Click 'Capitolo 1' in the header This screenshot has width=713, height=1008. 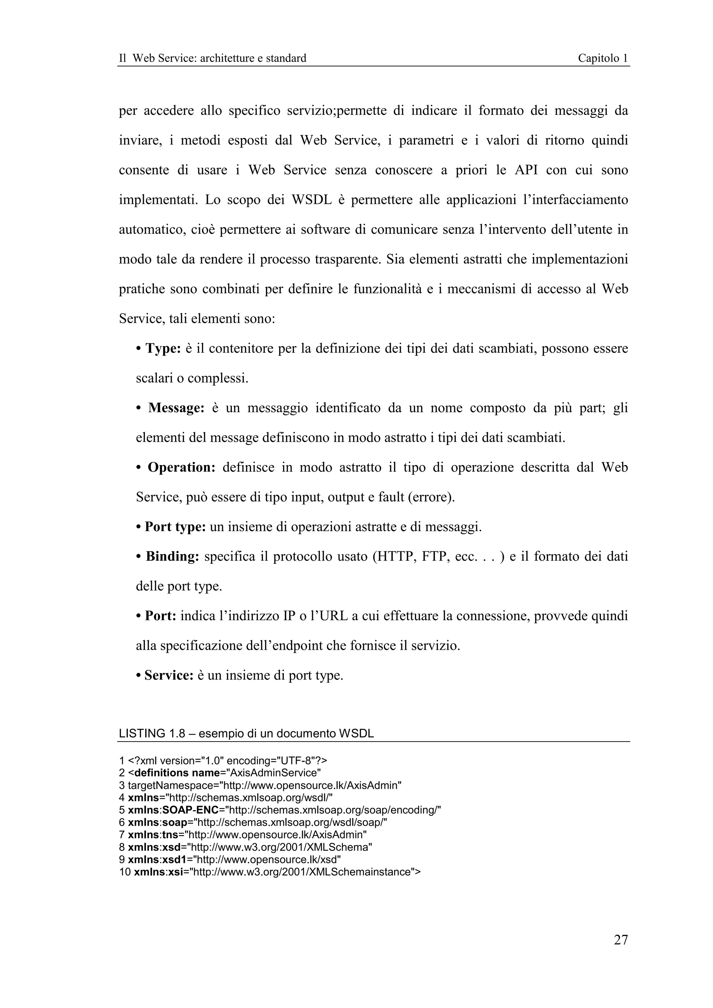[x=602, y=58]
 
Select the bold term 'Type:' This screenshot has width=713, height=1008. [x=163, y=349]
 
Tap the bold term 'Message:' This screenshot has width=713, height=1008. [x=176, y=408]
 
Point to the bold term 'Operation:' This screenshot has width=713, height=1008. [x=181, y=467]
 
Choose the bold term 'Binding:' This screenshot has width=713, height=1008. [x=172, y=556]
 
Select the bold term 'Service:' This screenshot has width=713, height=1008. [x=169, y=675]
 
